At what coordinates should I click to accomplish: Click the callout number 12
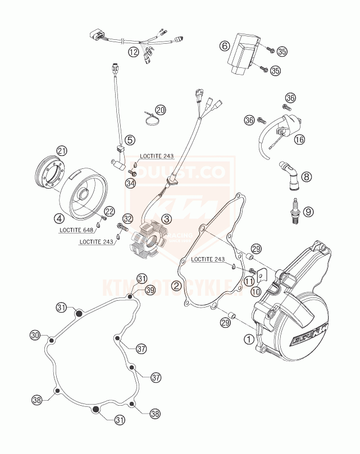[133, 53]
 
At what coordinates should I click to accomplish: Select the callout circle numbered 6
[224, 45]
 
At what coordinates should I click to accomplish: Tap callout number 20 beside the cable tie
[161, 110]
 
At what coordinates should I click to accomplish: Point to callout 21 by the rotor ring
[62, 150]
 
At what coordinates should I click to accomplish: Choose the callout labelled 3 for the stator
[166, 220]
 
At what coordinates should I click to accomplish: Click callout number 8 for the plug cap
[306, 177]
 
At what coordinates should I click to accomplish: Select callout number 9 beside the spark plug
[307, 212]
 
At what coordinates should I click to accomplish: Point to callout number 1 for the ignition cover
[248, 338]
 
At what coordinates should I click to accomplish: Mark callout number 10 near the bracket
[256, 291]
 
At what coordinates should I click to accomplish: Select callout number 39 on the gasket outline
[150, 290]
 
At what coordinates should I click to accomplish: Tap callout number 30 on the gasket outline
[35, 335]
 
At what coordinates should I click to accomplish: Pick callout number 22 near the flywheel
[109, 211]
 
